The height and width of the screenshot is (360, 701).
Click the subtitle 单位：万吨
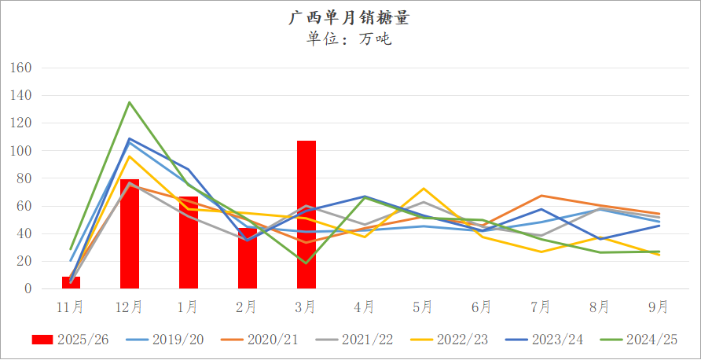[x=350, y=39]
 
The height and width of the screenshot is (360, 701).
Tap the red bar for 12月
[x=130, y=234]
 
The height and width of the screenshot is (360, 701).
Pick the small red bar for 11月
[x=71, y=283]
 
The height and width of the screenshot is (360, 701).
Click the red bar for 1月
[x=189, y=243]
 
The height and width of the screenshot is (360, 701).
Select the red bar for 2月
[x=248, y=259]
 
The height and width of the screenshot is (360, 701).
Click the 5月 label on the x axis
[x=423, y=306]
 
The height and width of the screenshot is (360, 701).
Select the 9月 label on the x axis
[x=659, y=306]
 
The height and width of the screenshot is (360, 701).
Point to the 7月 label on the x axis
[x=541, y=306]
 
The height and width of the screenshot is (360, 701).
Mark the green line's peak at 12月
[x=130, y=102]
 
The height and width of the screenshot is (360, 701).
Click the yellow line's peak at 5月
[x=424, y=189]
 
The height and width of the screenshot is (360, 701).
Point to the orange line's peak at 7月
[x=541, y=196]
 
